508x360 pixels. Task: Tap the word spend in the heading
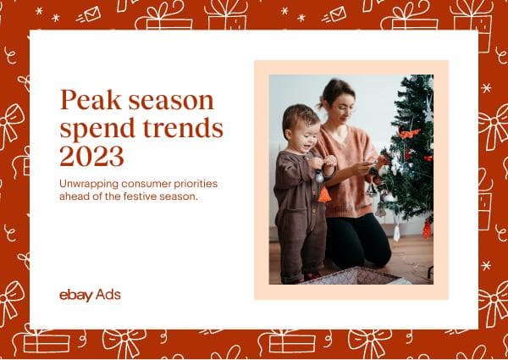[x=94, y=130]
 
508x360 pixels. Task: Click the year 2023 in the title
[x=91, y=157]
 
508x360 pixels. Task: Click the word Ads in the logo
[x=108, y=295]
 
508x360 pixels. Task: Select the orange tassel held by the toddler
[x=324, y=194]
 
